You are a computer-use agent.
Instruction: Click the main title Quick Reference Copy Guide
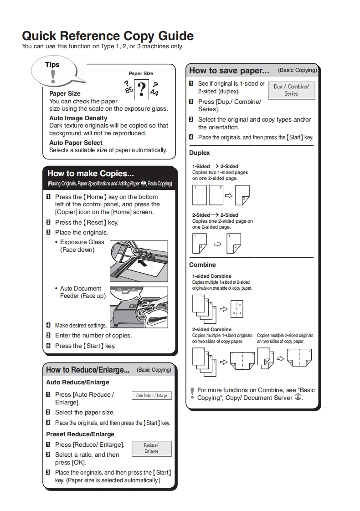click(108, 36)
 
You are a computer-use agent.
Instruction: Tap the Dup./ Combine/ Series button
click(291, 90)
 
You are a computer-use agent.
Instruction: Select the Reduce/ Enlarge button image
click(151, 448)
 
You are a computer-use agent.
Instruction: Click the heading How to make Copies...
click(91, 174)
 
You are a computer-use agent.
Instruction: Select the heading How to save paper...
click(229, 71)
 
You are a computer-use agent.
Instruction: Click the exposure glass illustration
click(139, 261)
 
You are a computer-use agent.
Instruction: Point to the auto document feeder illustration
click(139, 307)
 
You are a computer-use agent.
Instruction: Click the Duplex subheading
click(200, 153)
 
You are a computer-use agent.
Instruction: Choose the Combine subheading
click(202, 265)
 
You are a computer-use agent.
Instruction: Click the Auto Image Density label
click(78, 118)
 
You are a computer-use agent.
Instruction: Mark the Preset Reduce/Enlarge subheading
click(80, 434)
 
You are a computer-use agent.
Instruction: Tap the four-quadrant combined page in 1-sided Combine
click(237, 308)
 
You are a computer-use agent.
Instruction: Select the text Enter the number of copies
click(93, 335)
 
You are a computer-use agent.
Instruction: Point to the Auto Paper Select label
click(76, 143)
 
